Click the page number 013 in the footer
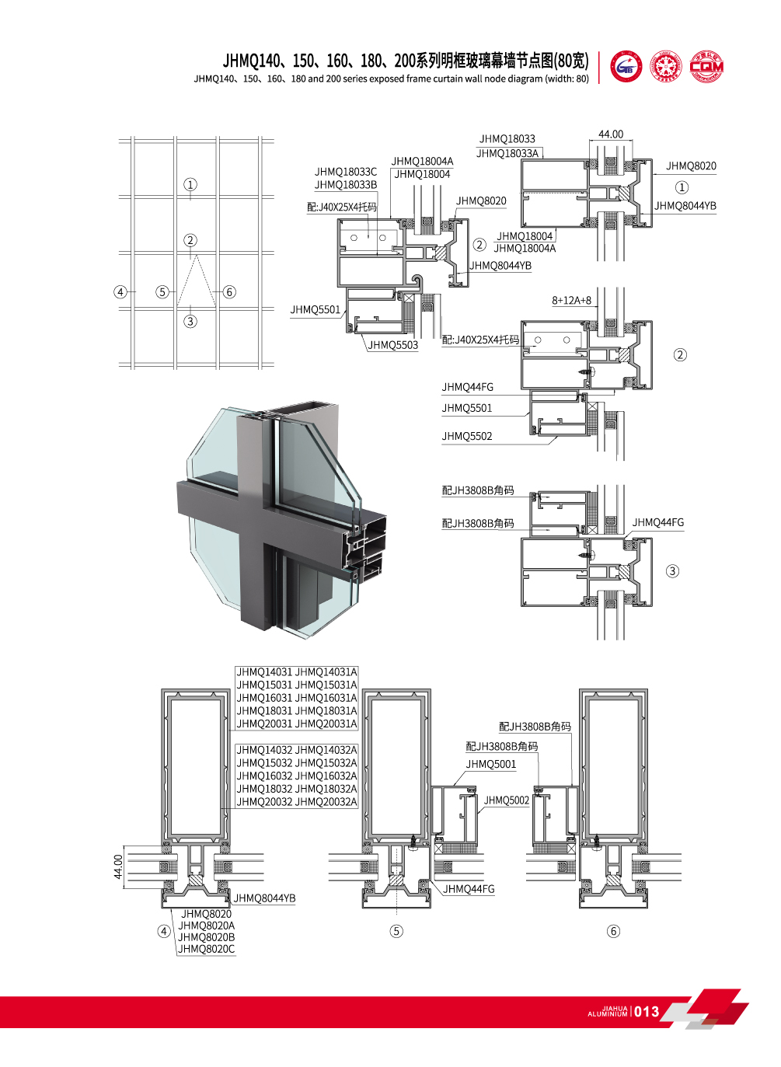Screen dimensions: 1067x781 click(647, 1011)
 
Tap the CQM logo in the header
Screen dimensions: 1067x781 click(706, 67)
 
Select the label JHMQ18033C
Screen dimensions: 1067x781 click(345, 172)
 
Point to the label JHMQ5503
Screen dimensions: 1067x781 click(392, 345)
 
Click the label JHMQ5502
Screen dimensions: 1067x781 click(467, 436)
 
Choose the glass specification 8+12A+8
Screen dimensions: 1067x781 click(571, 300)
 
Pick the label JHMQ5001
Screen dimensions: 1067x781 click(490, 764)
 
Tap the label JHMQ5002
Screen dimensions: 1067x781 click(507, 800)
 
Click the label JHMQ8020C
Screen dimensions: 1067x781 click(206, 949)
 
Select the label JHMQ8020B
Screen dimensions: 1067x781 click(206, 937)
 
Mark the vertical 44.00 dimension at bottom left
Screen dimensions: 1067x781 click(118, 867)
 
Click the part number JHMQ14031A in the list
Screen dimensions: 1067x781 click(326, 672)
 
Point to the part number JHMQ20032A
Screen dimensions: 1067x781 click(326, 802)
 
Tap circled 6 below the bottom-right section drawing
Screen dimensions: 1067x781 click(613, 931)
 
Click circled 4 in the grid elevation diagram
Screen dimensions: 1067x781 click(120, 292)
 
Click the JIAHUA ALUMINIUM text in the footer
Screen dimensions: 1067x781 click(608, 1012)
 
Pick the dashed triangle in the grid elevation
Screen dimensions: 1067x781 click(197, 281)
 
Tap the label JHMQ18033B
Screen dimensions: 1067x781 click(345, 185)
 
